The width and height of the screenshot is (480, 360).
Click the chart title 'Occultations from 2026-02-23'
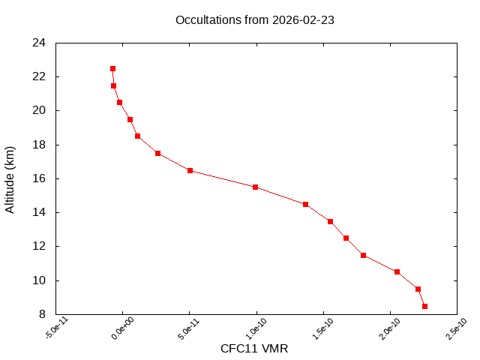click(254, 20)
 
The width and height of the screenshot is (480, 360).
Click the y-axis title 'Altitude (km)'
click(10, 178)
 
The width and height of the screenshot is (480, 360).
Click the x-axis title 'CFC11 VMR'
click(254, 349)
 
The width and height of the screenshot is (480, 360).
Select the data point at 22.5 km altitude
click(112, 68)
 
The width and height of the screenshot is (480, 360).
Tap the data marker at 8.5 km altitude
click(424, 306)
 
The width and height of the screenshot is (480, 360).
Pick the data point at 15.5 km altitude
click(256, 187)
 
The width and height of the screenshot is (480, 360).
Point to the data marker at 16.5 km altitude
click(190, 170)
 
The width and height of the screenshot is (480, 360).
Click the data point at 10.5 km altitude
click(397, 271)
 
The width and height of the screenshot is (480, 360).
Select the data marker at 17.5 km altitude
click(157, 153)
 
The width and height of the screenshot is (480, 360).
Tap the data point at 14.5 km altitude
click(305, 204)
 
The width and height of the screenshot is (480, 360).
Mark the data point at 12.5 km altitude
click(346, 238)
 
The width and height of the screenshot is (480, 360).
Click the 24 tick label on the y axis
click(40, 43)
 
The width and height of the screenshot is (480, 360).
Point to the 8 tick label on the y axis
click(43, 314)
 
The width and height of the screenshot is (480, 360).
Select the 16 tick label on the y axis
click(40, 178)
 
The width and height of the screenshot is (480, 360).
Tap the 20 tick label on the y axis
click(40, 110)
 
